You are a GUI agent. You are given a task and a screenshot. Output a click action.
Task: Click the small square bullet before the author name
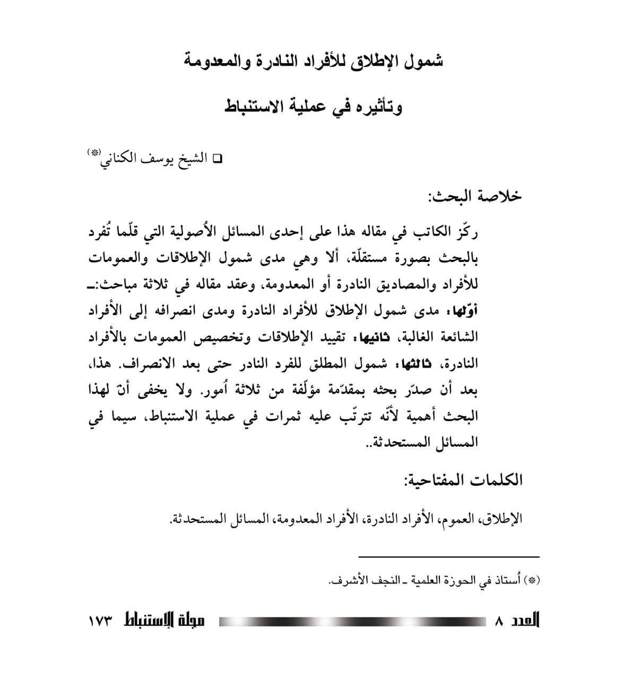[x=217, y=159]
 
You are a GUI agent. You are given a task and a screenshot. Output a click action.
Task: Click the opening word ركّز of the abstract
[x=468, y=233]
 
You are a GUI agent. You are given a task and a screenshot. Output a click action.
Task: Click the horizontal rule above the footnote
[x=449, y=556]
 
